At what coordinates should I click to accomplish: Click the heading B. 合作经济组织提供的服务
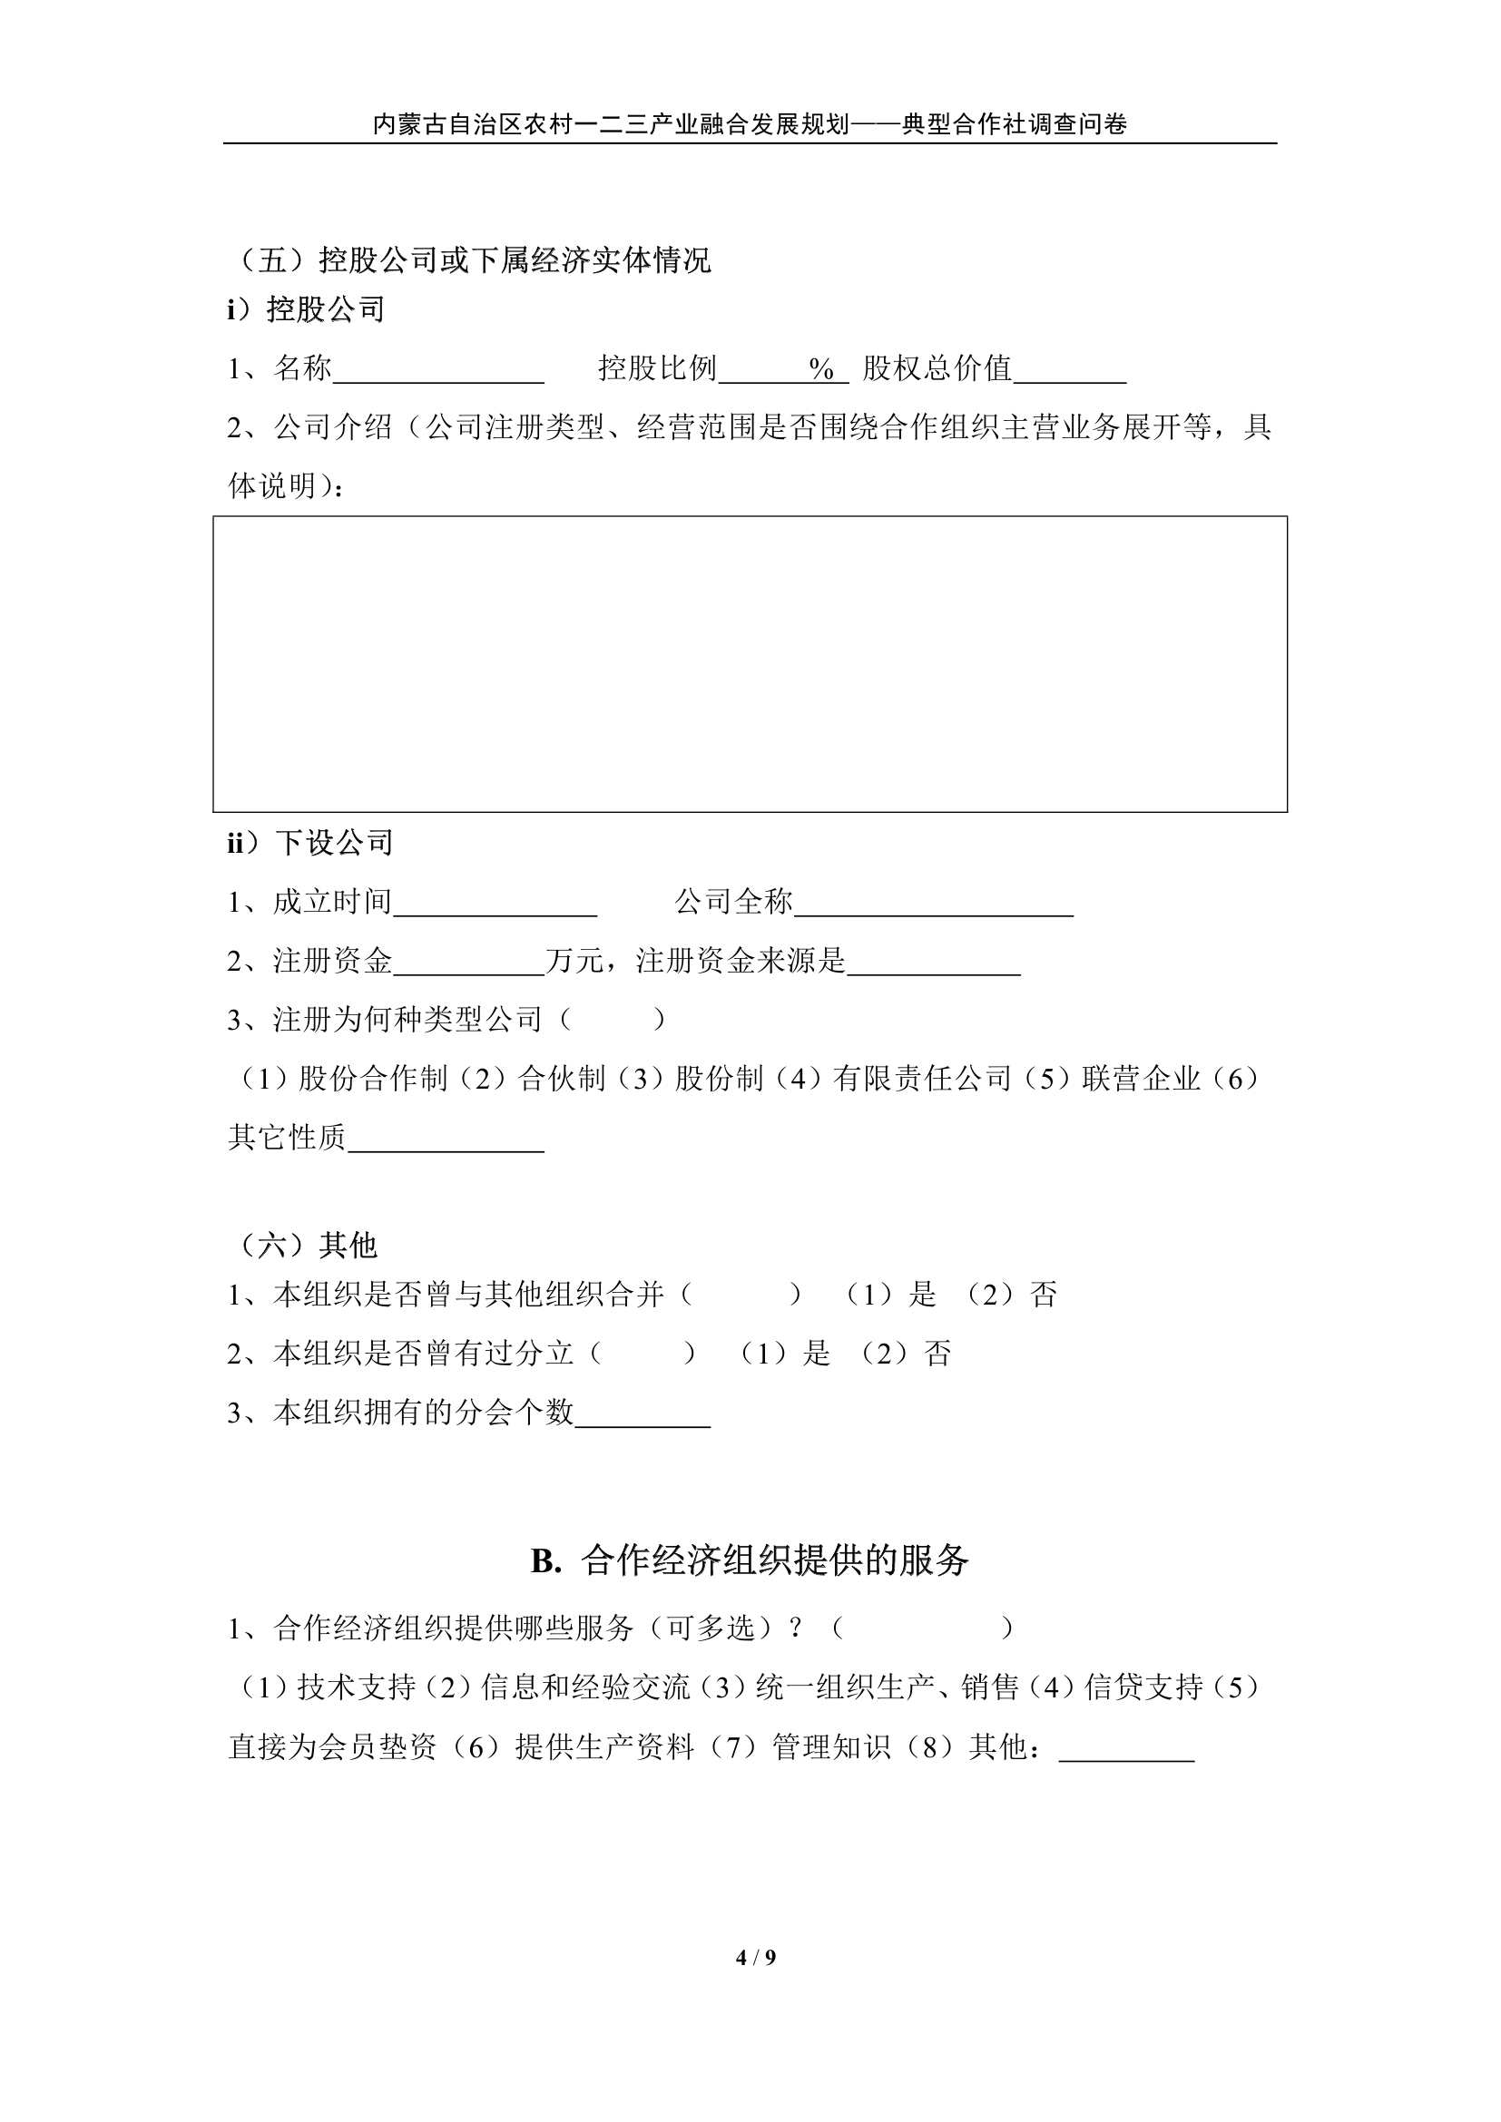(x=750, y=1560)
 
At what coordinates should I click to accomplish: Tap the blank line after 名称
(x=438, y=372)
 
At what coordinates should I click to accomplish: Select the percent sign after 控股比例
(x=820, y=369)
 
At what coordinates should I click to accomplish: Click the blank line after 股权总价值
(x=1069, y=372)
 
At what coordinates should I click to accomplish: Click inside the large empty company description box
(x=750, y=663)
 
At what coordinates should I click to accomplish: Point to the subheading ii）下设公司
(x=310, y=843)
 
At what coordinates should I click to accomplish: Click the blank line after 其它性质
(x=446, y=1139)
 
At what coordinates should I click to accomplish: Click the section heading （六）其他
(x=305, y=1246)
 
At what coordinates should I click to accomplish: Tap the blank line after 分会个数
(x=643, y=1415)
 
